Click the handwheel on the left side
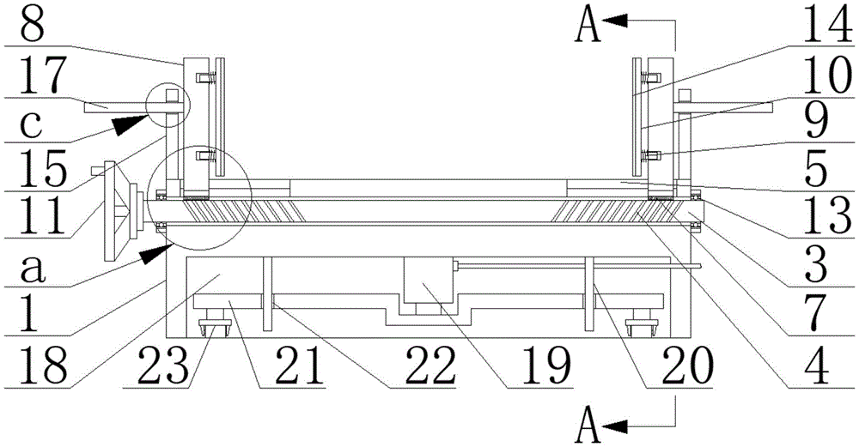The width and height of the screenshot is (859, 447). [x=119, y=208]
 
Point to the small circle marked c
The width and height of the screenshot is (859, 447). [x=168, y=106]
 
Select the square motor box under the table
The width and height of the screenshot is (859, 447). [x=427, y=284]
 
